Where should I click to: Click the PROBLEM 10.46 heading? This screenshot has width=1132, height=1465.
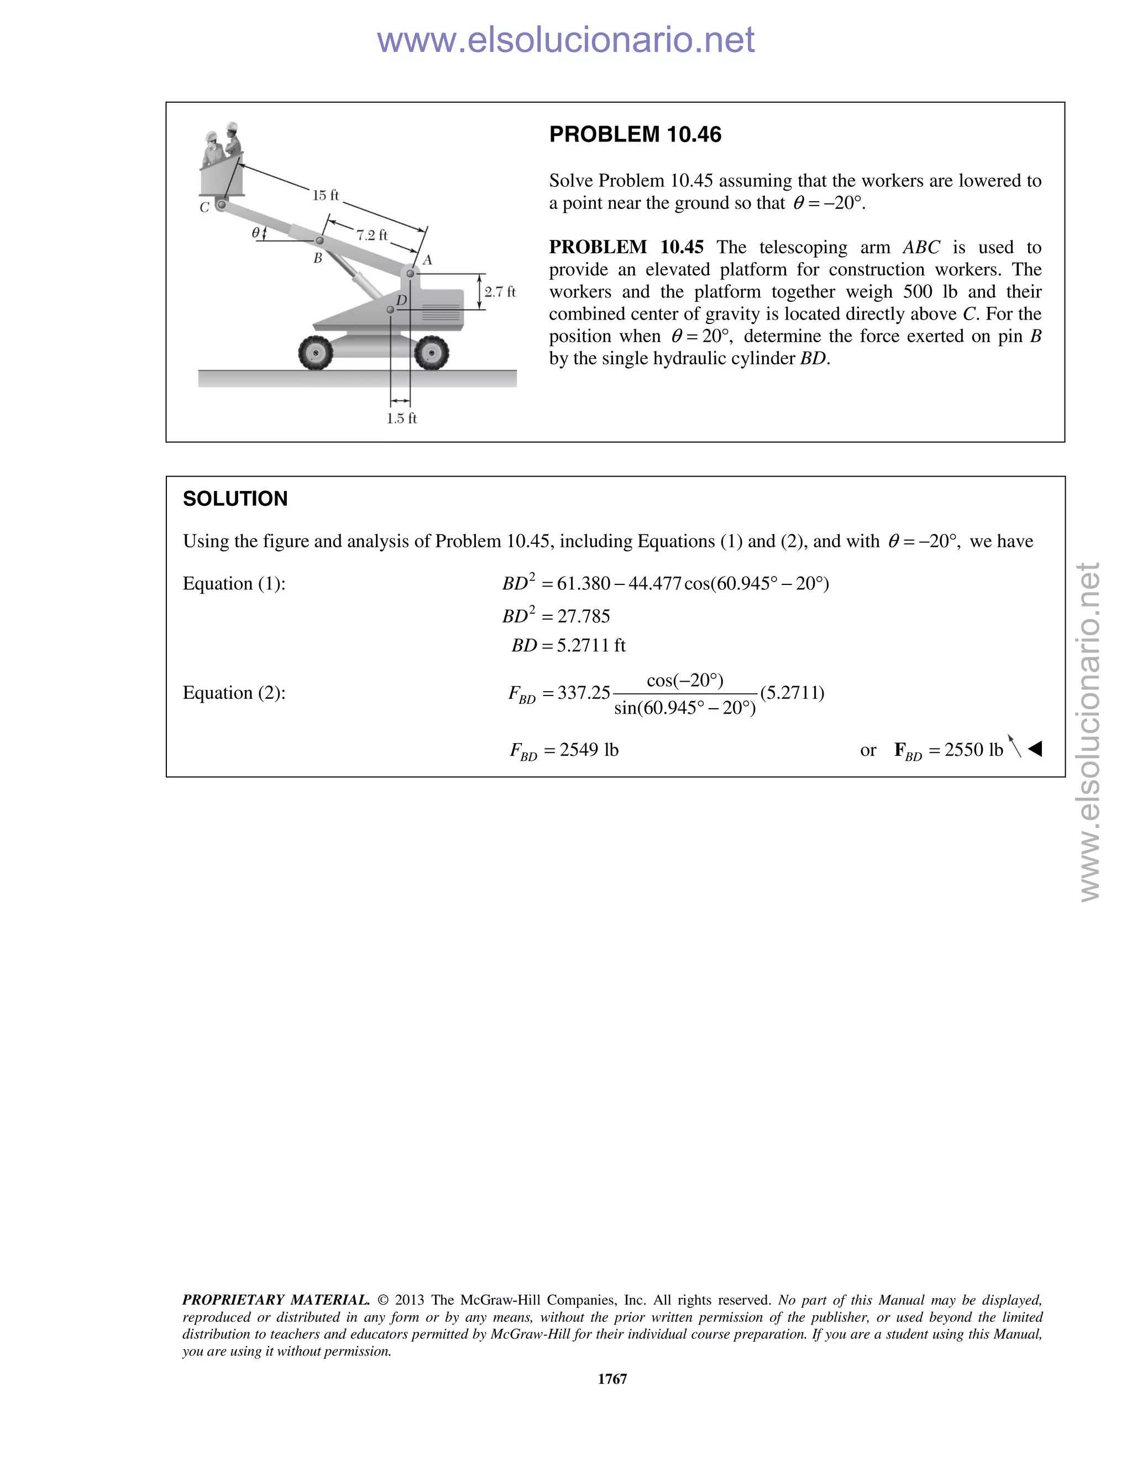[635, 134]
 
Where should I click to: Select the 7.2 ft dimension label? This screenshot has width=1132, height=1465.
[371, 235]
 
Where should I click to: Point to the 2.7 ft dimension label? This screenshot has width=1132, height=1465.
[500, 292]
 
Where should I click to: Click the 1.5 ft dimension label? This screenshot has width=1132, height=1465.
[401, 418]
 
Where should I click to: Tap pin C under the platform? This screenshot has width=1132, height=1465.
[221, 204]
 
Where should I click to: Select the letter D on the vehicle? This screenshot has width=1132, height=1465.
[401, 301]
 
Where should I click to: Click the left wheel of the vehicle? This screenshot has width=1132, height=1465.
[315, 352]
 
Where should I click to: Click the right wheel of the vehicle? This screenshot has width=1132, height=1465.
[431, 352]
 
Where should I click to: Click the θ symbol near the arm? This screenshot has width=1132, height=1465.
[255, 233]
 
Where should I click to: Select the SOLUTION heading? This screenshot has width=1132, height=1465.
[235, 499]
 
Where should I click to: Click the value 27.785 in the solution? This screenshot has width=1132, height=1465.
[584, 616]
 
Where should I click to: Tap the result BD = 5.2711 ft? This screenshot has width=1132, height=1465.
[568, 645]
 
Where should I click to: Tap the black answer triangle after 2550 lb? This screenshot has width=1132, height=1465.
[1035, 749]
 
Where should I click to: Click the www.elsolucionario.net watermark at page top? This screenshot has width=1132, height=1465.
[565, 40]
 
